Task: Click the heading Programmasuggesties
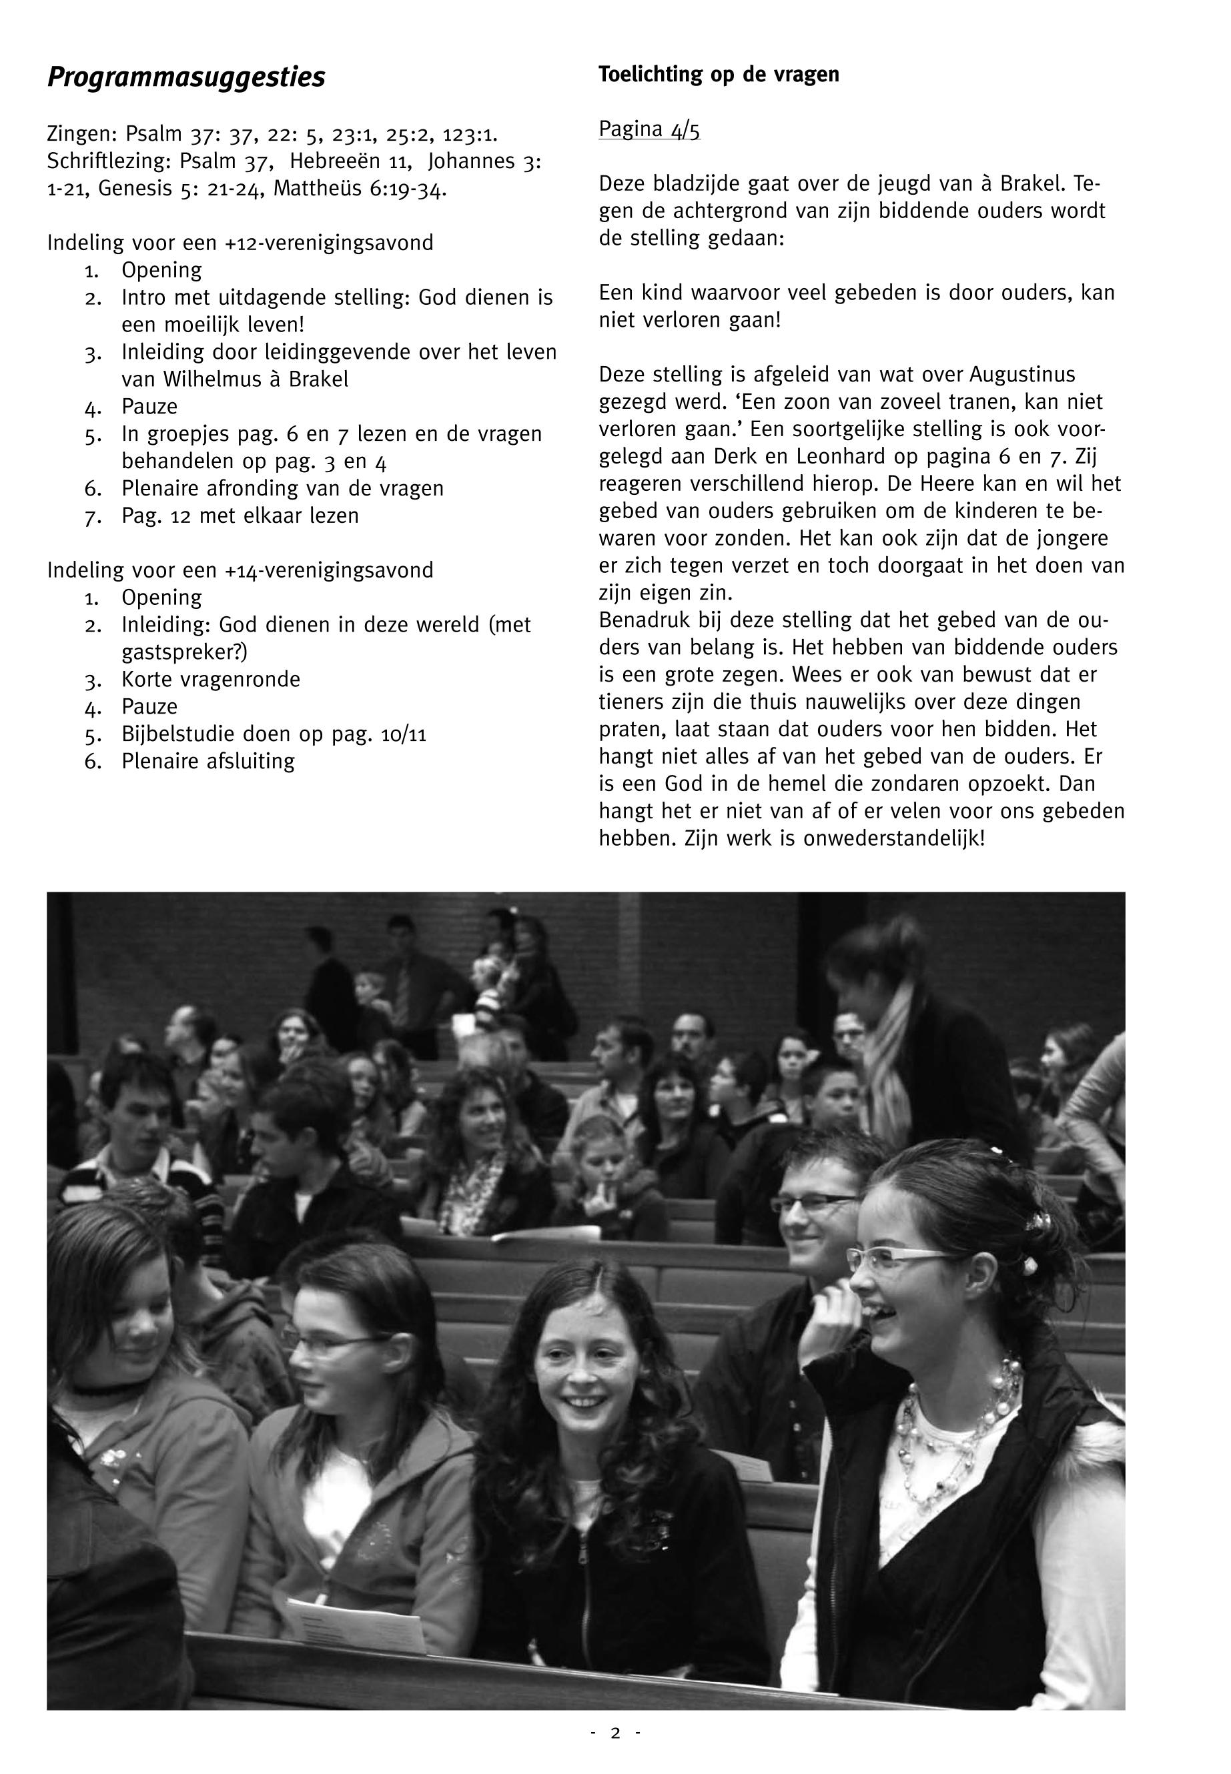(186, 78)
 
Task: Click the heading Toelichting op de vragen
(718, 75)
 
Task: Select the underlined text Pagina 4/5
(649, 129)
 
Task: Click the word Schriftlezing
(109, 161)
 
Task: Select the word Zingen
(80, 134)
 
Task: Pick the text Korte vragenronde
(211, 679)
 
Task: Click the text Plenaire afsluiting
(208, 761)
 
